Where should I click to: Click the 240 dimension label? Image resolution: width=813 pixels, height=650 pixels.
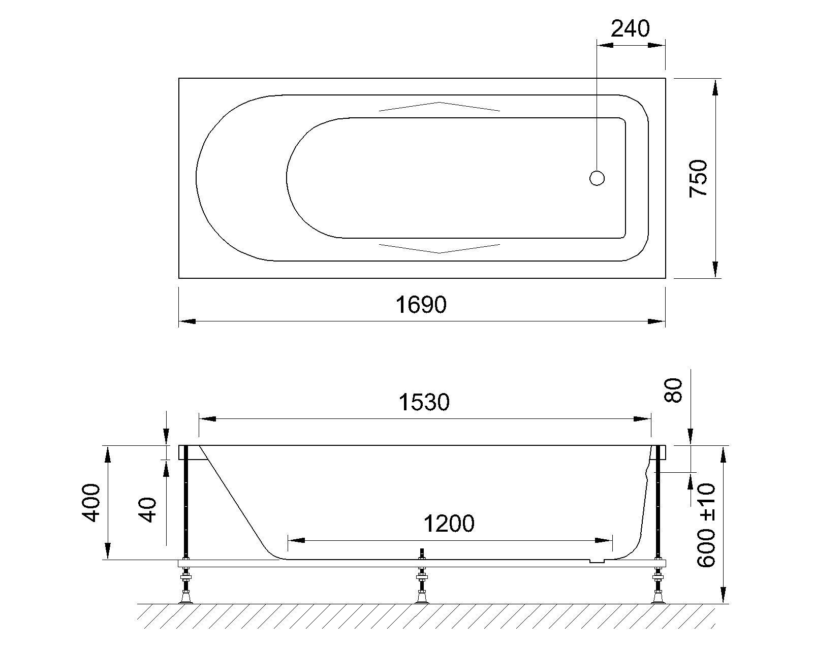coord(630,29)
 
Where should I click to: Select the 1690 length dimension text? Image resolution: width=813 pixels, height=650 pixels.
coord(421,305)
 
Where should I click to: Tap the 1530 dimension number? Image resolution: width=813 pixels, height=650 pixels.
coord(424,402)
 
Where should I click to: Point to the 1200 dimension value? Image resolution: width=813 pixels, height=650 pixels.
coord(449,523)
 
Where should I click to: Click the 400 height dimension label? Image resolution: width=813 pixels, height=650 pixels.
coord(92,503)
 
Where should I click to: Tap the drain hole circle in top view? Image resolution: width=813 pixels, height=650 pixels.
coord(597,178)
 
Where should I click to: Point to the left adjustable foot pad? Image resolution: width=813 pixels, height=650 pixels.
coord(185,599)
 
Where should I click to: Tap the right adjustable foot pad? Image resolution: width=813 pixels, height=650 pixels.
coord(659,599)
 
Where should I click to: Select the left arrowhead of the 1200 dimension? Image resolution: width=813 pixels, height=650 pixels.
coord(296,541)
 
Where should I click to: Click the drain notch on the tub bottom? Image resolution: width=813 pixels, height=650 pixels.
coord(597,562)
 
